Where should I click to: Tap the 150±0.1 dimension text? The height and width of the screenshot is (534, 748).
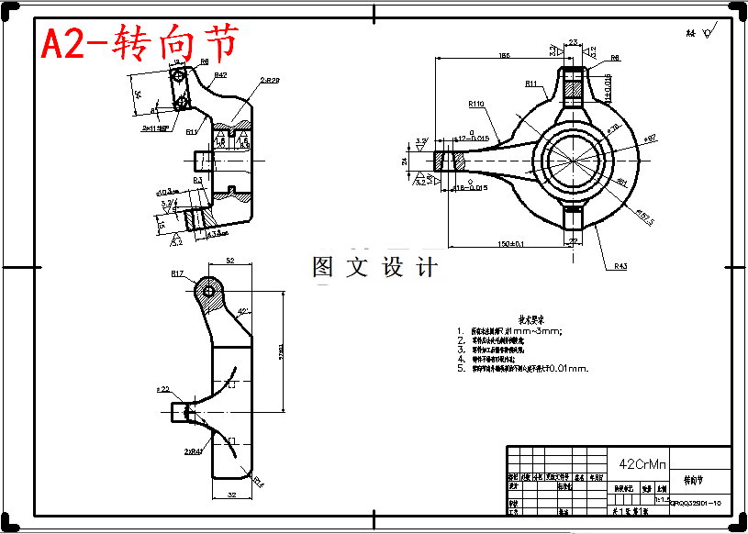tap(510, 243)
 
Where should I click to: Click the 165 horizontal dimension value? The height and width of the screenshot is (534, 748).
tap(504, 57)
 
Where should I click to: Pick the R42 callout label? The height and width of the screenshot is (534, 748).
tap(220, 74)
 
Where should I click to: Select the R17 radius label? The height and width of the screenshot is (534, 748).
tap(177, 273)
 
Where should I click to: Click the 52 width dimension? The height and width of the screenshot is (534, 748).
tap(230, 261)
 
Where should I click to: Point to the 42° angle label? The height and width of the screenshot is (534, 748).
tap(244, 312)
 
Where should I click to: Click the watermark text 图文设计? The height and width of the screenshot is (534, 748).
tap(374, 267)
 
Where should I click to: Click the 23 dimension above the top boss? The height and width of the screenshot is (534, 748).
tap(574, 42)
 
